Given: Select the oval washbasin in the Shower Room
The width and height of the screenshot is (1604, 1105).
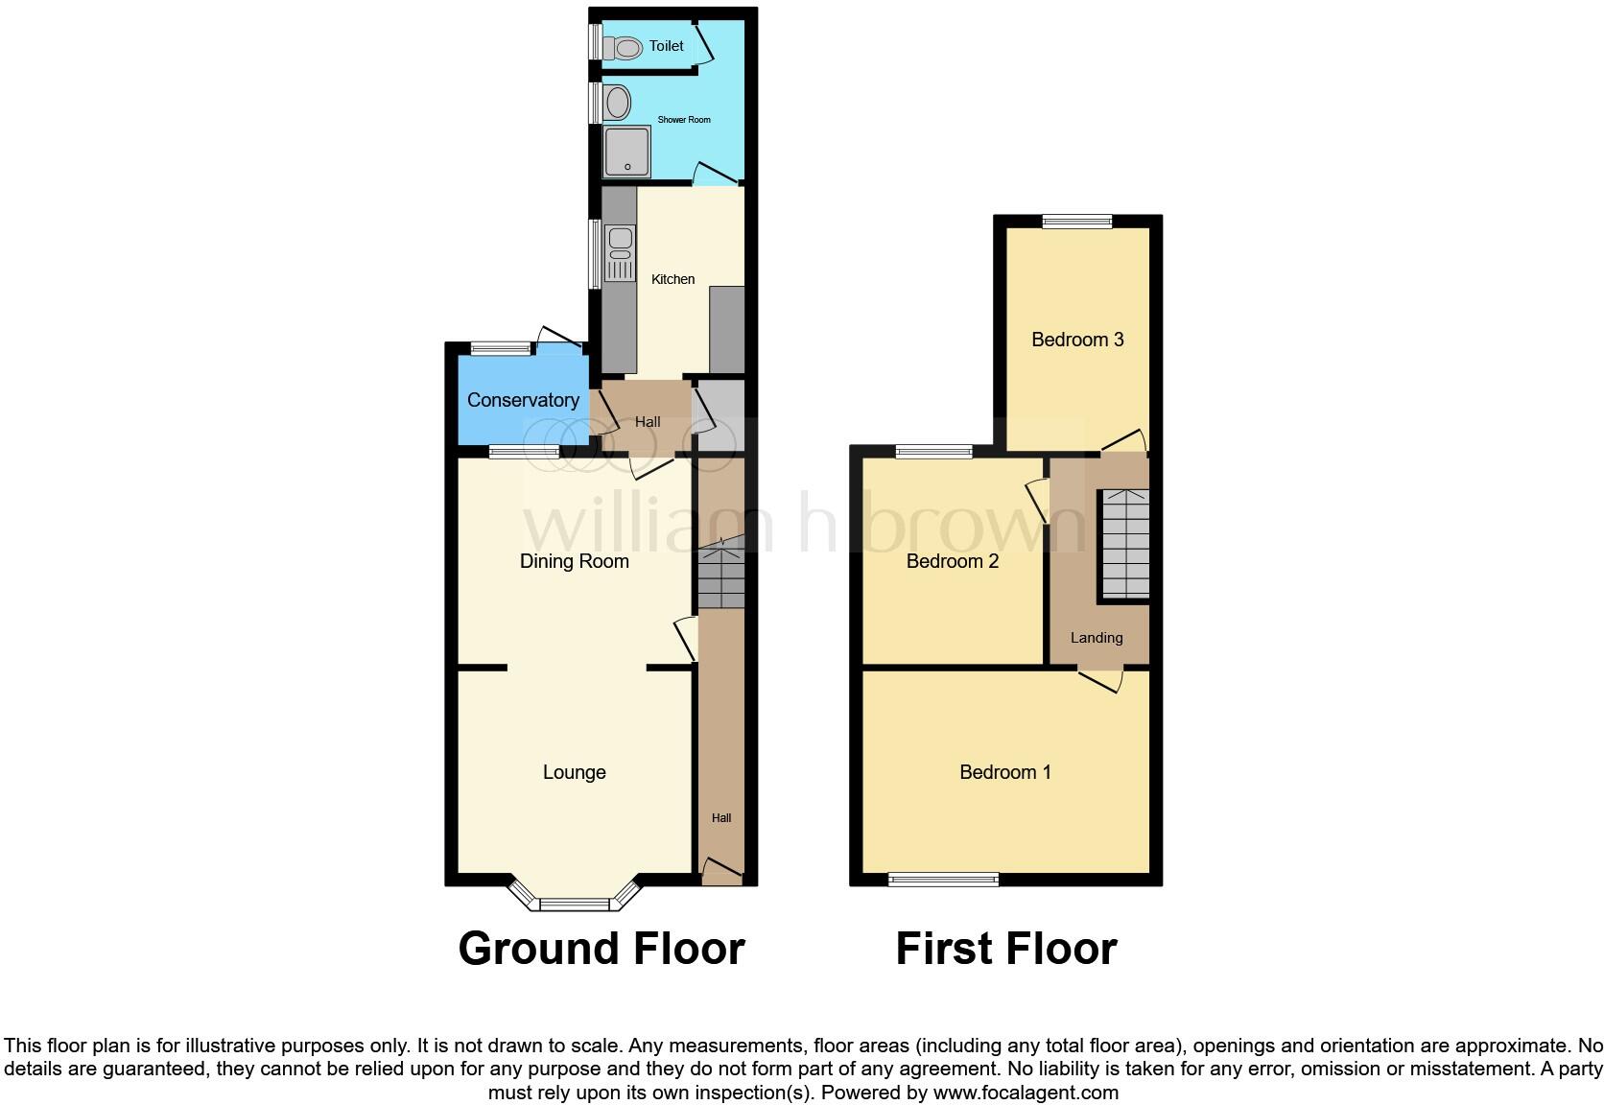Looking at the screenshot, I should (x=618, y=101).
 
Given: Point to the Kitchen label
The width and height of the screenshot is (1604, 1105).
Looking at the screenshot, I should (x=672, y=279).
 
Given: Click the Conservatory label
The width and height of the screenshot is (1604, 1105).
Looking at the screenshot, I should (x=523, y=400).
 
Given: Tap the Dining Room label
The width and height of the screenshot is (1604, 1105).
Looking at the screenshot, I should (x=574, y=561).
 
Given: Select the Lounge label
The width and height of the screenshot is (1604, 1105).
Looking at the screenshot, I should (x=574, y=772).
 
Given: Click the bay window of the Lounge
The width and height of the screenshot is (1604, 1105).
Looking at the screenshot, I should (x=574, y=903).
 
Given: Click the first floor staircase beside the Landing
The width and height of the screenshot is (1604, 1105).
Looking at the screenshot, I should (x=1124, y=545).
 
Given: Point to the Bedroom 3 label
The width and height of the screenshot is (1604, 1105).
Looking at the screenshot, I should (x=1077, y=340).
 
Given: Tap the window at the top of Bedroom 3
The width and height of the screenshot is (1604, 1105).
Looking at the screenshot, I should (x=1077, y=222).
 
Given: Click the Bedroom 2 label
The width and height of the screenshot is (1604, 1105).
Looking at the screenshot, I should (x=953, y=561).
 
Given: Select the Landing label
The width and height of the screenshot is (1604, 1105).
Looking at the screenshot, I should (x=1097, y=638).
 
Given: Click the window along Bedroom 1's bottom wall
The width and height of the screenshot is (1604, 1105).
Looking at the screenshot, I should (x=943, y=879).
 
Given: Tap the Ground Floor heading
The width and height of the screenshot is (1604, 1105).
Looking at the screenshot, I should (x=601, y=949).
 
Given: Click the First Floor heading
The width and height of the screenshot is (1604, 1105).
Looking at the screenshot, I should (x=1006, y=949).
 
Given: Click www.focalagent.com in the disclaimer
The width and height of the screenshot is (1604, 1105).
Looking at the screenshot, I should (x=1026, y=1093).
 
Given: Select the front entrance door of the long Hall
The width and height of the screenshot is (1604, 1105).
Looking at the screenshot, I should (x=721, y=871).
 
